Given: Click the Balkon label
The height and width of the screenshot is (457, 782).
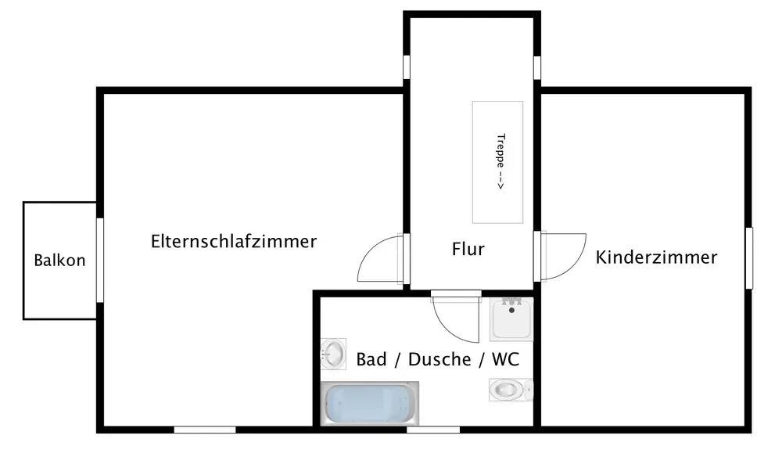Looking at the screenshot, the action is (59, 260).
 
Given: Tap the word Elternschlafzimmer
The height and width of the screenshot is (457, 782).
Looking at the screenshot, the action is (234, 242).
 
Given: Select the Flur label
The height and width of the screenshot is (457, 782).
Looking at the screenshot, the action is (468, 249).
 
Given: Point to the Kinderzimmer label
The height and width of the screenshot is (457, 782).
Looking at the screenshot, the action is (656, 257).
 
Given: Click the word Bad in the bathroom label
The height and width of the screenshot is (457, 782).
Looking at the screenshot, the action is (371, 359).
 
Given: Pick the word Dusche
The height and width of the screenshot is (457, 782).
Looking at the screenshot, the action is (439, 359).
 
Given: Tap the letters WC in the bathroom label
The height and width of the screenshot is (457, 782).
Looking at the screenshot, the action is (506, 359).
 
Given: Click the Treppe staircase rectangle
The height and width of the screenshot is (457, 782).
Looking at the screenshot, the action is (497, 162).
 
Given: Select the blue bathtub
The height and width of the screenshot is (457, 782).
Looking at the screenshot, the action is (370, 403).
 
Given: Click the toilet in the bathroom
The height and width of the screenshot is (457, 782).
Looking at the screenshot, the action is (511, 390).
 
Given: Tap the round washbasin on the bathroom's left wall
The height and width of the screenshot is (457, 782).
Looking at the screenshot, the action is (333, 354).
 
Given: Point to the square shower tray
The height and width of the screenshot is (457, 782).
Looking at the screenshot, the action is (511, 318).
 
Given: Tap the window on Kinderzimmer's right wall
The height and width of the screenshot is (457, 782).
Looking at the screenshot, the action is (748, 258).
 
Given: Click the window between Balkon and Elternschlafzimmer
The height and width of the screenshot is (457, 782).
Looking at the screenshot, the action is (100, 260).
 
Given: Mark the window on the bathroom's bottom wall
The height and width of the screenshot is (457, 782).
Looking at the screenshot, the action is (433, 430).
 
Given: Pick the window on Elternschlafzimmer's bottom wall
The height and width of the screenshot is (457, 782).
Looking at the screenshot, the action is (204, 430).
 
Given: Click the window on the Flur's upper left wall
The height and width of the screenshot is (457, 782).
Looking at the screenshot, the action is (407, 67).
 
